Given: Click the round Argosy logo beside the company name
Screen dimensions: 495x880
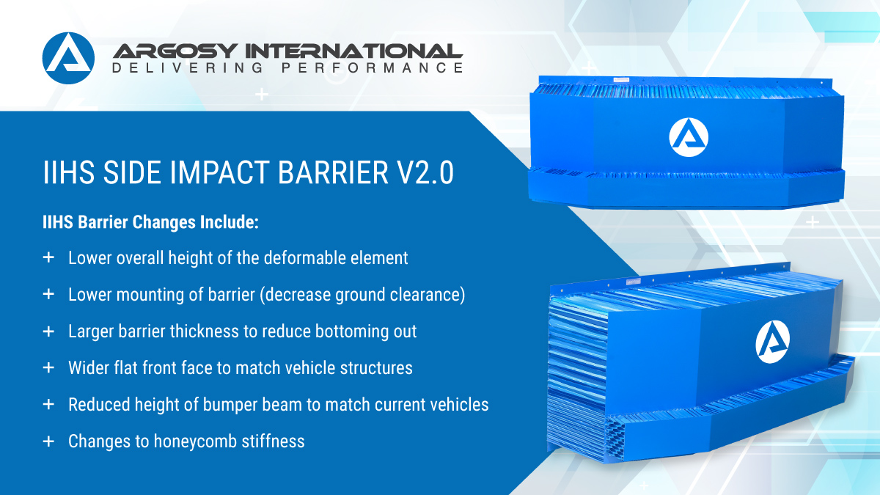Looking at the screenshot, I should (69, 58).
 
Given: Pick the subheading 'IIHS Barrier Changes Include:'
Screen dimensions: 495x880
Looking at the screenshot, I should (150, 223).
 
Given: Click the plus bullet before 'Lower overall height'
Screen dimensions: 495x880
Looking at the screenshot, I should (48, 257).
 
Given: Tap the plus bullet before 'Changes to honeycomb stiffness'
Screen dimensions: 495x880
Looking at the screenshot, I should (48, 441).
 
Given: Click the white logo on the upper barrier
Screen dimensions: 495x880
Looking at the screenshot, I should (689, 136).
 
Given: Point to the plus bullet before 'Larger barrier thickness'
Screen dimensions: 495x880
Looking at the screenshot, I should (48, 331).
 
